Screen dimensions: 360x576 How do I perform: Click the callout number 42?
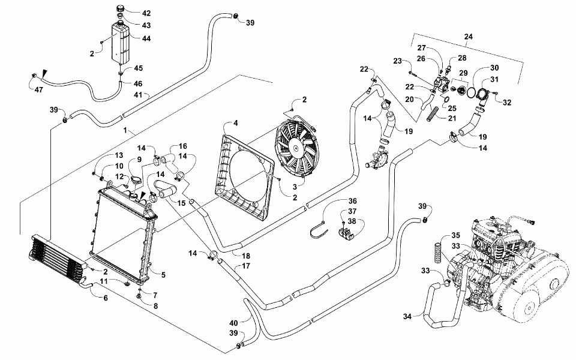pos(130,13)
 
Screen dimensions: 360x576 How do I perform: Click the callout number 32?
pos(508,103)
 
